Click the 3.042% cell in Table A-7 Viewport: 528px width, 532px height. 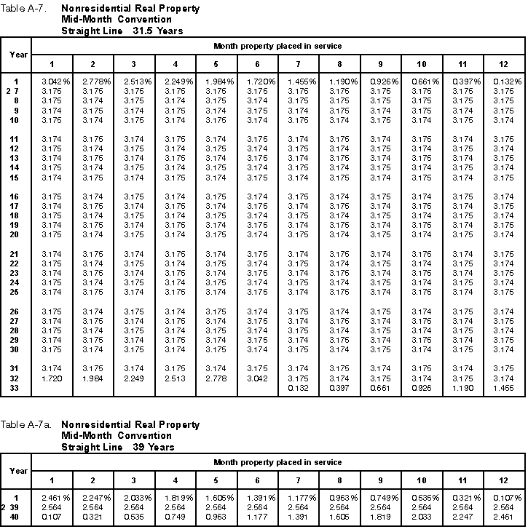click(52, 80)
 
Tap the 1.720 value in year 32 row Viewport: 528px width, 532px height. click(51, 378)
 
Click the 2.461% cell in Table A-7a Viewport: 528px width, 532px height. click(52, 497)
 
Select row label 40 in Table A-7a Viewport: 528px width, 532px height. click(15, 517)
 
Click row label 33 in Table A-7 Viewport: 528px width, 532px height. click(15, 389)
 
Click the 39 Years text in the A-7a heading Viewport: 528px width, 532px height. click(154, 447)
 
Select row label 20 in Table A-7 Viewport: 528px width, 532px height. click(15, 234)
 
